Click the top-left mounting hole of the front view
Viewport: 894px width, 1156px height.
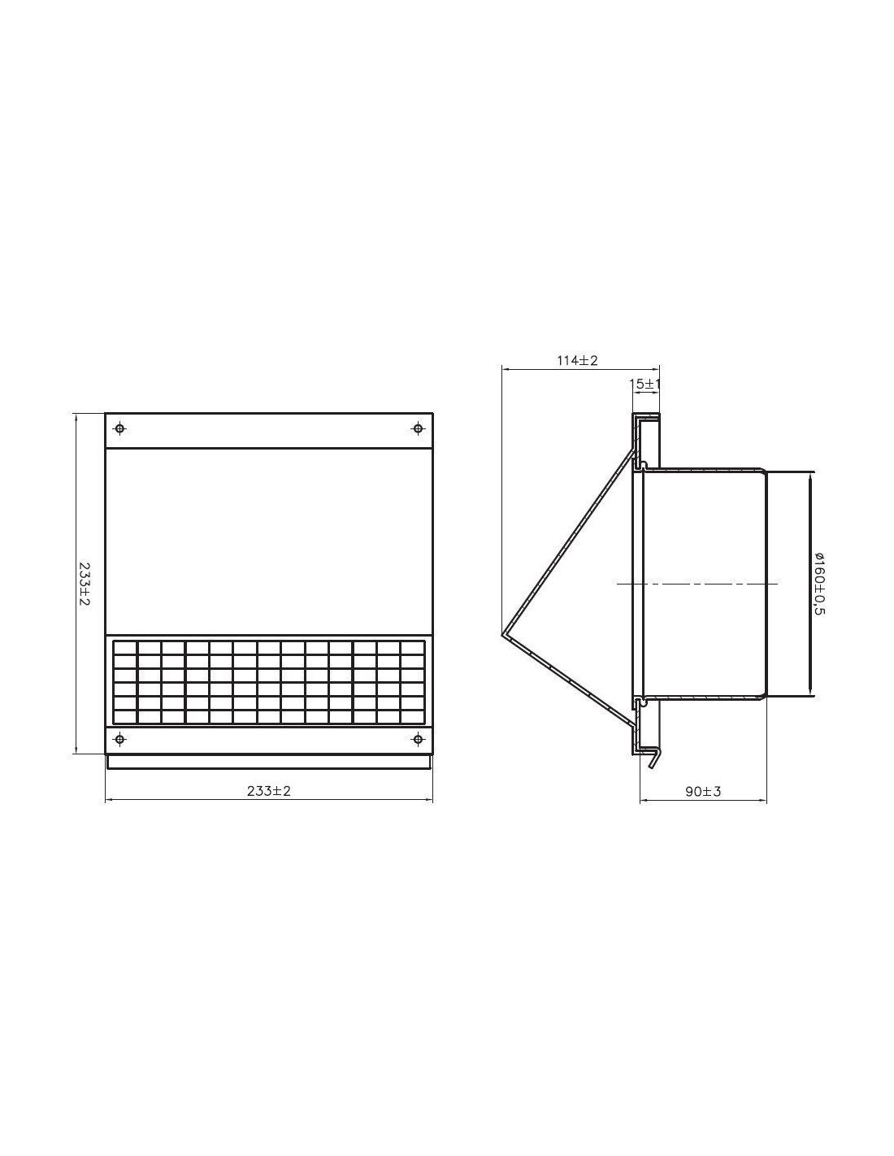(120, 428)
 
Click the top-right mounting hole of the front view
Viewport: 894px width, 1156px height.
(418, 428)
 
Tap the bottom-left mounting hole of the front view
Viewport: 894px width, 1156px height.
(120, 739)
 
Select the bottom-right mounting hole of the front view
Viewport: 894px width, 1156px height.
(418, 739)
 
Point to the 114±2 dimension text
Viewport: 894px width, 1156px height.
(578, 360)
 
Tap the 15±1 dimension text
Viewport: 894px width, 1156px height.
(644, 384)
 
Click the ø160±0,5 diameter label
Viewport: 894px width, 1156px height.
(819, 584)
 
